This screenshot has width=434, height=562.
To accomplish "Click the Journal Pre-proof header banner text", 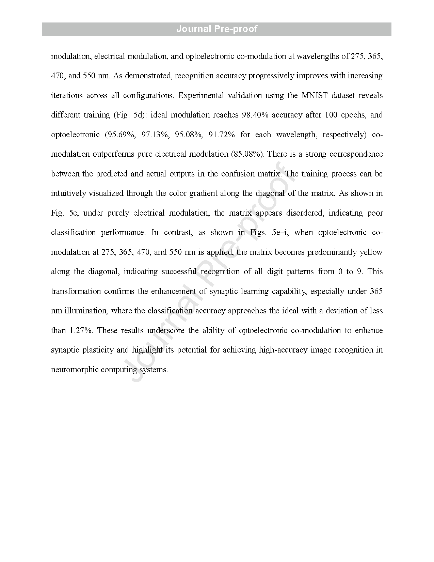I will pyautogui.click(x=217, y=29).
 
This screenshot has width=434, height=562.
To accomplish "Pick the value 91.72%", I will pyautogui.click(x=222, y=135).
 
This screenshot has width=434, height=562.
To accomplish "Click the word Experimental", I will pyautogui.click(x=201, y=95).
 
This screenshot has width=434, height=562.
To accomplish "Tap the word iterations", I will pyautogui.click(x=66, y=95).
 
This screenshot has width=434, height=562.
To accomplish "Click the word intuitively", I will pyautogui.click(x=68, y=193).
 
